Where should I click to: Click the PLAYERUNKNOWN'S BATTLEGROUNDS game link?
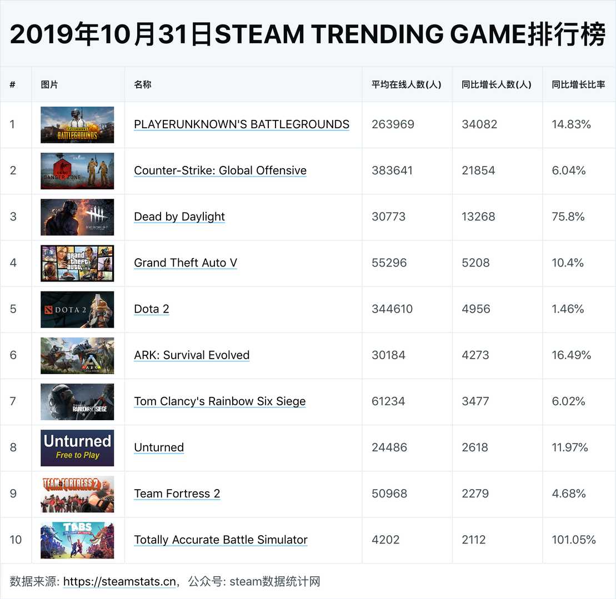tap(242, 124)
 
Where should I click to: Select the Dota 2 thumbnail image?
tap(77, 309)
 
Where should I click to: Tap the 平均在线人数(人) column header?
tap(406, 85)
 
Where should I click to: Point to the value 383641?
tap(392, 170)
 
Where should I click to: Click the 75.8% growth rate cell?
tap(568, 217)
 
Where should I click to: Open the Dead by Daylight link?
tap(179, 217)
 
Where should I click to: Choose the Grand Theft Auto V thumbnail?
tap(77, 263)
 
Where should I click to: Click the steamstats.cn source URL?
tap(119, 582)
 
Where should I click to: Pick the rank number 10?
tap(16, 540)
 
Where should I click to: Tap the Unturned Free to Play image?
tap(77, 447)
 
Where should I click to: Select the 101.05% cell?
tap(574, 540)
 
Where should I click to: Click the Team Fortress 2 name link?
tap(177, 494)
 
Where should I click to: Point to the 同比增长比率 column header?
tap(578, 85)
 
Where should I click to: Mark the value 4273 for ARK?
tap(475, 355)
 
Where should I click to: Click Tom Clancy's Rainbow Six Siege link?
tap(220, 401)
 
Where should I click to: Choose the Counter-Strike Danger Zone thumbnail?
tap(77, 170)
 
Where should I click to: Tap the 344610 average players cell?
tap(392, 309)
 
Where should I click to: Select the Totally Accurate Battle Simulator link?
tap(221, 540)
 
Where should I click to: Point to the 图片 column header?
tap(49, 85)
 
